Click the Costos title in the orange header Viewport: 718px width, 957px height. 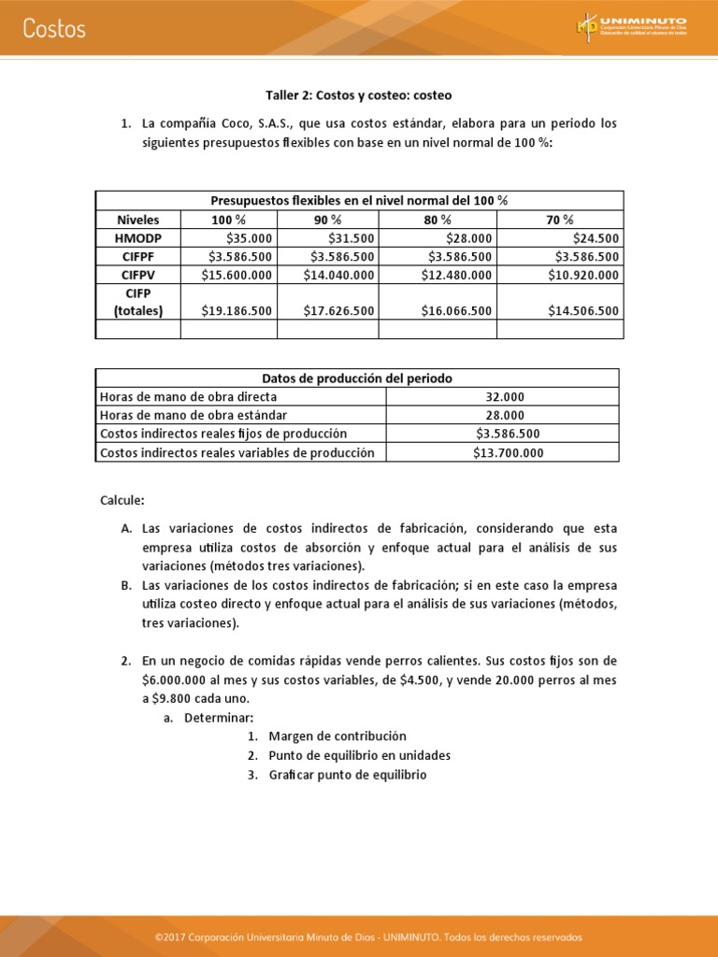click(x=54, y=29)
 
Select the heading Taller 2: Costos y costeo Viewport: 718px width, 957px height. click(x=359, y=95)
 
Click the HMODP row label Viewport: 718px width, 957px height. click(x=138, y=238)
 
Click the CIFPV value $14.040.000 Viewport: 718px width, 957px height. click(x=338, y=275)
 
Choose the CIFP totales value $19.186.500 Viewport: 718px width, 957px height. click(x=237, y=311)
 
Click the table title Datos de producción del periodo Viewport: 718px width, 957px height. click(x=357, y=379)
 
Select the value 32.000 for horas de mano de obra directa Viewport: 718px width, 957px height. click(x=503, y=396)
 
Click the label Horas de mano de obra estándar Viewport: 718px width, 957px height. click(x=194, y=415)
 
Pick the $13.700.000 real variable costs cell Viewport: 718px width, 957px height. click(x=503, y=452)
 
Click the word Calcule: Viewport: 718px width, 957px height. click(x=122, y=501)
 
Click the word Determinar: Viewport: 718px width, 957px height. click(x=219, y=718)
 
